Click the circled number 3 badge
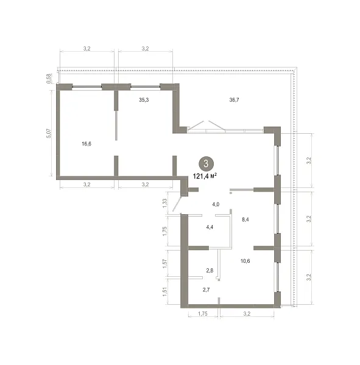click(206, 164)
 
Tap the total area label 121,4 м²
click(205, 176)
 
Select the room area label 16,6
click(86, 144)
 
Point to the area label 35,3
click(144, 100)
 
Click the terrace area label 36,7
click(234, 100)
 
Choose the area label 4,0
click(216, 204)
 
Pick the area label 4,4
click(210, 227)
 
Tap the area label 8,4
click(245, 219)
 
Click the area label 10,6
click(245, 261)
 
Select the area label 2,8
click(210, 271)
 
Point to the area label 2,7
click(206, 290)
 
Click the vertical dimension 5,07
click(49, 133)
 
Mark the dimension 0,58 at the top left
click(49, 78)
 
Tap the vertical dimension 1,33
click(164, 203)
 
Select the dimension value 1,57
click(164, 264)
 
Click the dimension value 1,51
click(164, 292)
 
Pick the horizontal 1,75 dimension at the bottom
click(203, 314)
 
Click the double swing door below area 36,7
click(206, 126)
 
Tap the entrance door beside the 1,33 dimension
click(177, 204)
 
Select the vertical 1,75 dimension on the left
click(164, 231)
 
